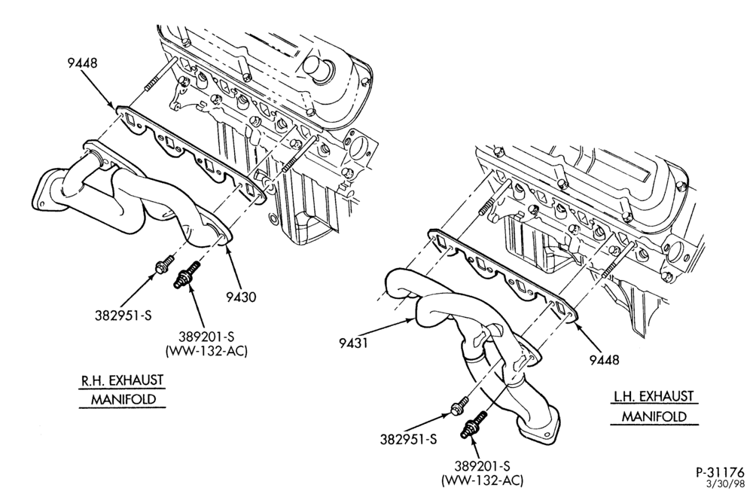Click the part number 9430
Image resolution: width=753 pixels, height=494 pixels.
(x=241, y=297)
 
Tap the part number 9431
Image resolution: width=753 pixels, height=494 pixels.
(x=353, y=343)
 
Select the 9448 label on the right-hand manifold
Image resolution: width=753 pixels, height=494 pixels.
(x=82, y=63)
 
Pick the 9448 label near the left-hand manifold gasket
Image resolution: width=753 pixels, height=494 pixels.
(x=605, y=359)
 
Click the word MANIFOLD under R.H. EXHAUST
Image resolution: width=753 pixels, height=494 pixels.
(x=123, y=399)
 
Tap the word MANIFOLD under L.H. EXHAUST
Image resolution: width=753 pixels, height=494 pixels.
(x=654, y=416)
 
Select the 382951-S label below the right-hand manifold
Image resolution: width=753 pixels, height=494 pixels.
(x=123, y=316)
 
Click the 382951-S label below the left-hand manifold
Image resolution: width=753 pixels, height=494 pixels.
(x=409, y=439)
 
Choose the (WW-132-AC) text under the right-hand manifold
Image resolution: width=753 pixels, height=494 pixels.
(x=206, y=351)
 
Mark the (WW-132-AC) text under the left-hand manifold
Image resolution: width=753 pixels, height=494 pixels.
(x=482, y=480)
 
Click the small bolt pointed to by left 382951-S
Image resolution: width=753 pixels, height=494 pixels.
(x=163, y=264)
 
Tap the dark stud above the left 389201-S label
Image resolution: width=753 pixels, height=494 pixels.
(x=186, y=275)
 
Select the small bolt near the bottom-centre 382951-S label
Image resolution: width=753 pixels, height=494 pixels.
(x=459, y=404)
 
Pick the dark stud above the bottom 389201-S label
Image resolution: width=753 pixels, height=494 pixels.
(x=473, y=425)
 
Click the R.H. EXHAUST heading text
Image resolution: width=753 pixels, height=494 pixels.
(x=121, y=380)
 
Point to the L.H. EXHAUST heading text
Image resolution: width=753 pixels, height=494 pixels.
(x=653, y=397)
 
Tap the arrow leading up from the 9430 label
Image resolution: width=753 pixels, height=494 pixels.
(x=233, y=267)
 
